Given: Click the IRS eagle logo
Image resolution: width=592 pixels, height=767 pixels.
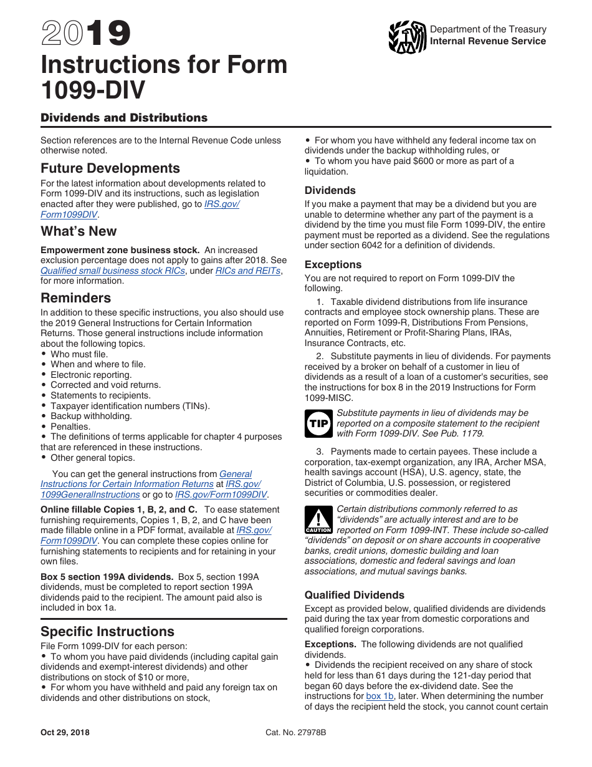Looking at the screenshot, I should coord(407,37).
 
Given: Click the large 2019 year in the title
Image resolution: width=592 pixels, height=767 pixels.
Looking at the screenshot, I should coord(86,34).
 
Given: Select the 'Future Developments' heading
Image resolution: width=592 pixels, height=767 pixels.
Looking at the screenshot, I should coord(110,168).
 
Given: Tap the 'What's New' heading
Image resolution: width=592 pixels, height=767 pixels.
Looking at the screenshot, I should coord(79,231).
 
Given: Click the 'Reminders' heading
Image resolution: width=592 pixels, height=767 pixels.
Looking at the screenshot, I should coord(76,298).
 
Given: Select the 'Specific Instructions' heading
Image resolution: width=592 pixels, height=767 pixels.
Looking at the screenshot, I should coord(107,632).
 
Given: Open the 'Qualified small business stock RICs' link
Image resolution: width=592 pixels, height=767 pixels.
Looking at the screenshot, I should coord(113,271).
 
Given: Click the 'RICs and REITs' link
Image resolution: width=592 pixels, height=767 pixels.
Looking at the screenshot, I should coord(247,271).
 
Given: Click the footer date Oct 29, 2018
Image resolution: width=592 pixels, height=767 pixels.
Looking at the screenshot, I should coord(65,733).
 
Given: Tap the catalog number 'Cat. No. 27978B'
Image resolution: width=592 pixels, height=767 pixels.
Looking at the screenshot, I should coord(296,733).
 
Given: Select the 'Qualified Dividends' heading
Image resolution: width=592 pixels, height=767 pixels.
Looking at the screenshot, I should coord(355,595).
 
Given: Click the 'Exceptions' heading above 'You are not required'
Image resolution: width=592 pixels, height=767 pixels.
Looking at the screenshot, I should coord(333,264).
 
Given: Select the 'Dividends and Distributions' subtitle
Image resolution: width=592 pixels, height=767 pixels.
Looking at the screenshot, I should coord(124,118).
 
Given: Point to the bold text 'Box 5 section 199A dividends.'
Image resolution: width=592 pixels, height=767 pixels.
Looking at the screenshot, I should coord(107,577).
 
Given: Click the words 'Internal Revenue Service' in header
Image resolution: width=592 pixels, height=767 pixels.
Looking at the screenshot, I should coord(488,41).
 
